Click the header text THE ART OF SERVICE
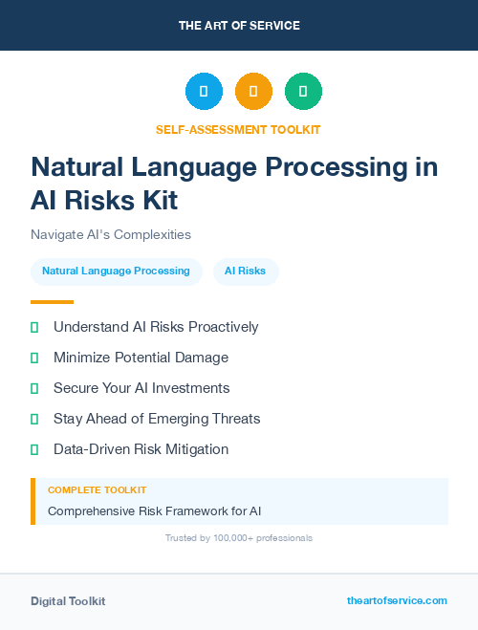click(239, 26)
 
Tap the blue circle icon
click(204, 91)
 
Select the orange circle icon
click(253, 91)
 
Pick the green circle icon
click(303, 91)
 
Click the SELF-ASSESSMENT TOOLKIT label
click(239, 129)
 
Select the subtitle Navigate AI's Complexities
click(111, 234)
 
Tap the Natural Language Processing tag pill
click(116, 272)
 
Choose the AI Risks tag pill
click(245, 272)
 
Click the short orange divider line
click(52, 302)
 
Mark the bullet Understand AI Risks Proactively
click(156, 327)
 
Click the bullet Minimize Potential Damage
click(141, 358)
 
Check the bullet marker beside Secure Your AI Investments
click(34, 388)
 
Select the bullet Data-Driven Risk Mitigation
click(141, 449)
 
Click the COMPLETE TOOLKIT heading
click(97, 489)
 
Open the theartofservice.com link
click(397, 600)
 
